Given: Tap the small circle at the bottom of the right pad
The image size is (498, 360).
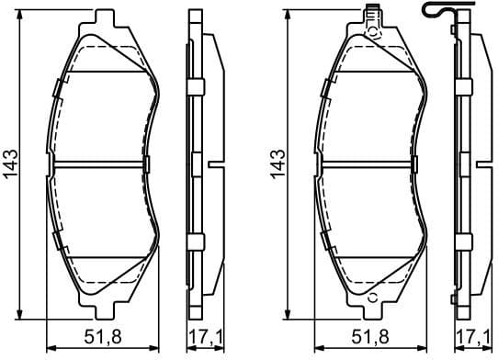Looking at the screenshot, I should tap(373, 298).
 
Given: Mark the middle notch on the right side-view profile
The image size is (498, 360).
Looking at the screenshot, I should tap(479, 165).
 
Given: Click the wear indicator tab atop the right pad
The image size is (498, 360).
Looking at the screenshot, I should tap(373, 13).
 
